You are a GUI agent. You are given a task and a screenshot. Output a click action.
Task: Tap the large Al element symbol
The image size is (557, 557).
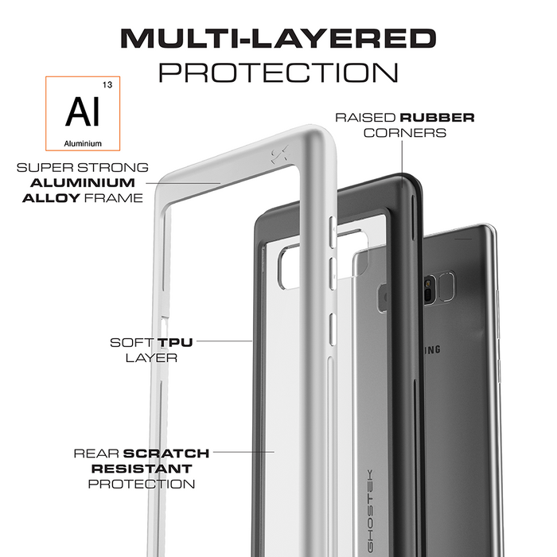[84, 112]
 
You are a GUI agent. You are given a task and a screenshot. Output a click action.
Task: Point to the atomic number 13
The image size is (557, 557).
[107, 84]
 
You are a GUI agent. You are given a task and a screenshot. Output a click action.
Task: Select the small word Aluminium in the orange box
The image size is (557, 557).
[84, 143]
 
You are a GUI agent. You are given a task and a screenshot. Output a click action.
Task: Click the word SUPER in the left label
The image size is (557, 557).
[41, 168]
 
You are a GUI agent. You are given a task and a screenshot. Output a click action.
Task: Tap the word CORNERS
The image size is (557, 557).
[404, 132]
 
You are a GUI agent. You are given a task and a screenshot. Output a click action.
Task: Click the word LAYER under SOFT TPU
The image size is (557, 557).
[151, 357]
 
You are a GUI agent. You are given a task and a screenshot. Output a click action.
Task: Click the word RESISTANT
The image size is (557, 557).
[140, 468]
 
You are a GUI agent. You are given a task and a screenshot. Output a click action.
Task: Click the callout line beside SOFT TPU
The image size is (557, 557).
[223, 343]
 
